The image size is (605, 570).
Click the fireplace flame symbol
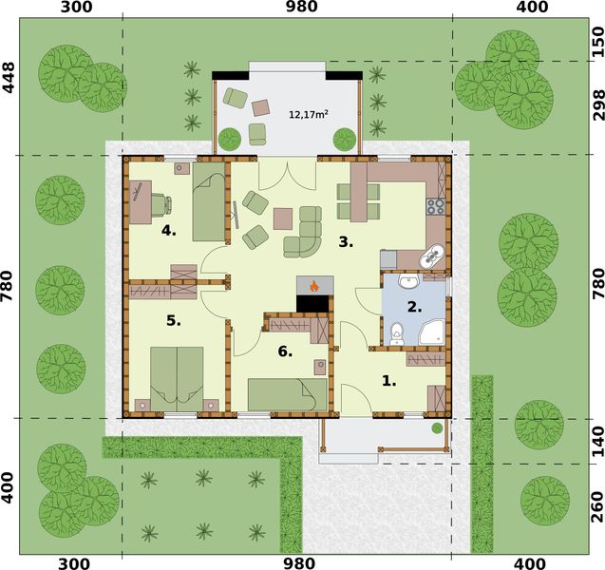click(312, 285)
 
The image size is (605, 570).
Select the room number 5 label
click(174, 321)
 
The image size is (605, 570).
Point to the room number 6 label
click(284, 351)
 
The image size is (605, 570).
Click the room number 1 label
click(388, 381)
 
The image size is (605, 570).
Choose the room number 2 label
click(413, 307)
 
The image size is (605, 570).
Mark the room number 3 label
click(347, 242)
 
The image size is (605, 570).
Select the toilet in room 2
click(397, 332)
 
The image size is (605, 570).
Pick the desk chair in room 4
click(161, 202)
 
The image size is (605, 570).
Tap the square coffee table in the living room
click(283, 218)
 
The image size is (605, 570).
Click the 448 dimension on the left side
click(10, 76)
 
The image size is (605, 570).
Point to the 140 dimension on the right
click(595, 440)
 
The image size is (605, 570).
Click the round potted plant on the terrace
click(230, 139)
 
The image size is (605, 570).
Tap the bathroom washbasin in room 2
click(412, 282)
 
